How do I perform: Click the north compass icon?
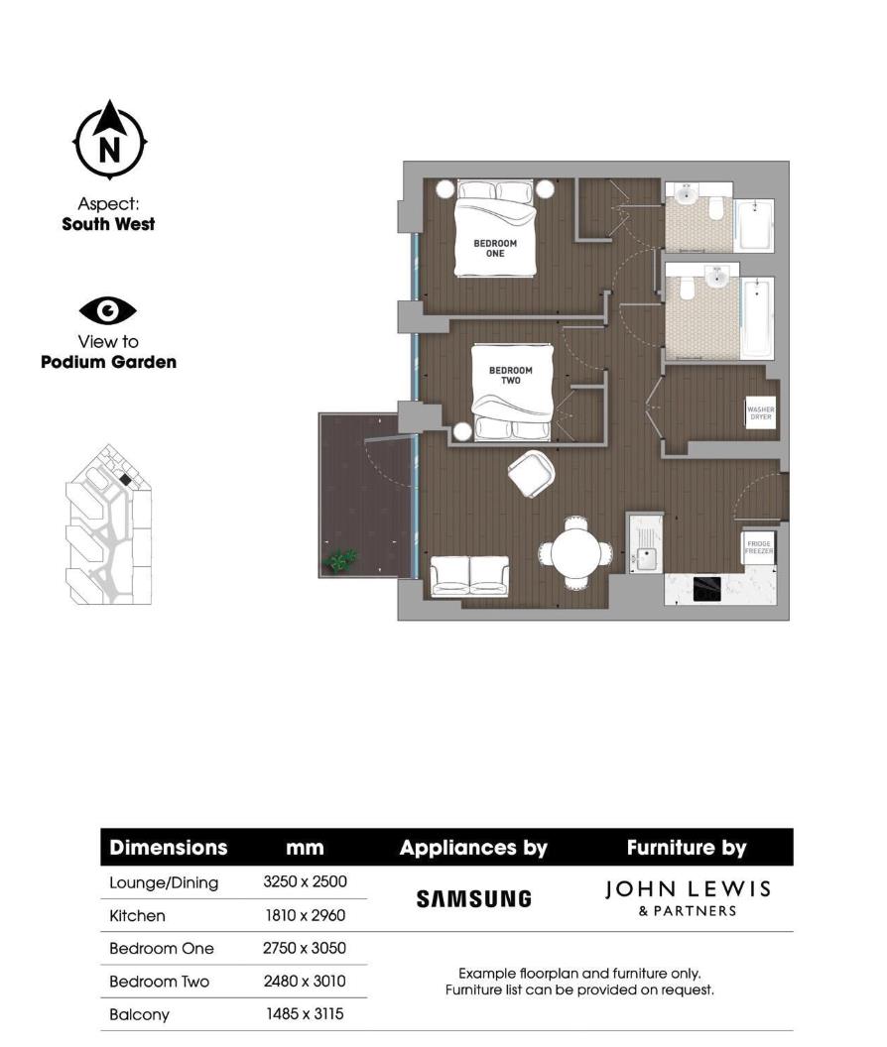click(109, 142)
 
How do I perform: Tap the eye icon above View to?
click(108, 311)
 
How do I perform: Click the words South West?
click(108, 224)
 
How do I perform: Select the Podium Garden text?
click(108, 362)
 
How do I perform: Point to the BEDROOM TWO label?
click(510, 375)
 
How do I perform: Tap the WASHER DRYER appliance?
click(760, 412)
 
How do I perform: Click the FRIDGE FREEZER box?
click(759, 546)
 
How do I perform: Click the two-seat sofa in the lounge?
click(470, 575)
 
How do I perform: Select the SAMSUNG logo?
click(474, 899)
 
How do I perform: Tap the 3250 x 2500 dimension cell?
click(305, 881)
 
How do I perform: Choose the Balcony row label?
click(139, 1014)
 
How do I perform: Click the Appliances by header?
click(473, 848)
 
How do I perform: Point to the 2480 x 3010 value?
click(305, 982)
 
